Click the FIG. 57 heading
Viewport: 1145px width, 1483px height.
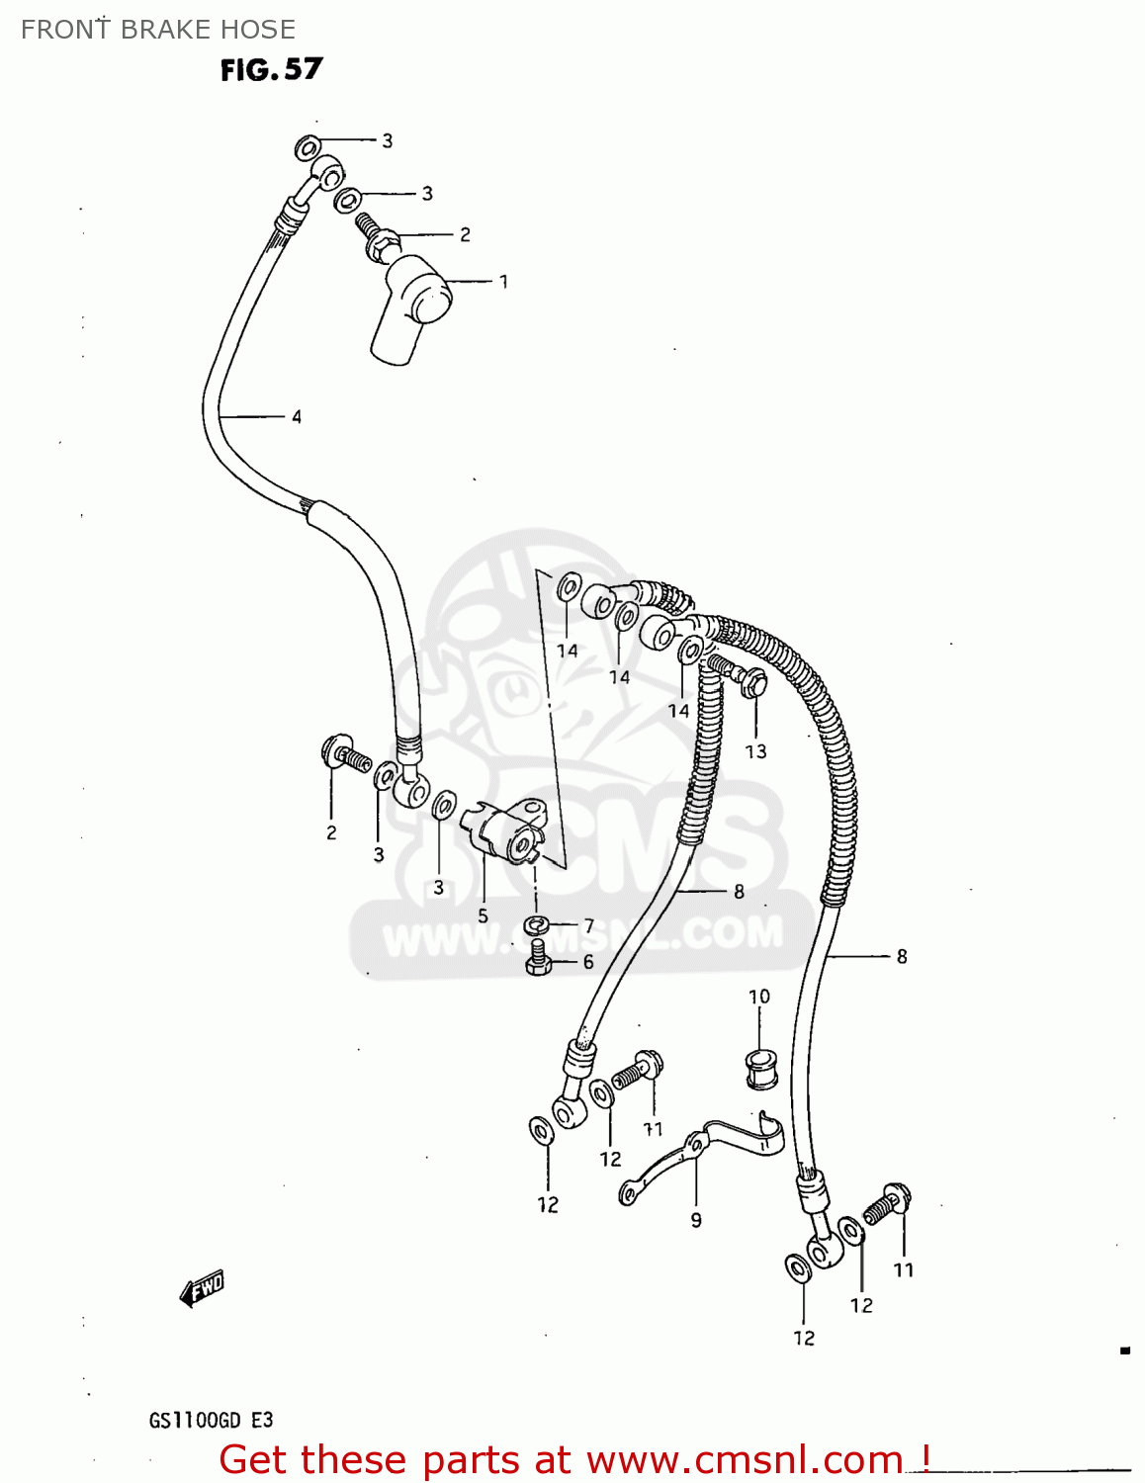[271, 69]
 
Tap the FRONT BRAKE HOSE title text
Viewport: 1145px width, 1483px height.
[158, 30]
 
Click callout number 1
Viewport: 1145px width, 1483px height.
[503, 282]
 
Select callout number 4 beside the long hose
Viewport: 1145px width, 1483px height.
[296, 417]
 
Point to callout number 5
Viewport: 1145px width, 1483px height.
[483, 916]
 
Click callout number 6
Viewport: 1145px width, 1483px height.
[588, 962]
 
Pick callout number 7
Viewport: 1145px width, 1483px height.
[589, 926]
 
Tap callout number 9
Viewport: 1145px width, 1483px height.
[696, 1220]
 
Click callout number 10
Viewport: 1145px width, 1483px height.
[758, 997]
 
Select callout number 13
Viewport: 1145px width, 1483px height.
[755, 751]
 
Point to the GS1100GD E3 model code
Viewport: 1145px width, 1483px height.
[211, 1421]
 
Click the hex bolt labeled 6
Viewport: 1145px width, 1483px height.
[538, 958]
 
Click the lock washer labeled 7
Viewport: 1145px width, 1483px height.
[537, 926]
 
